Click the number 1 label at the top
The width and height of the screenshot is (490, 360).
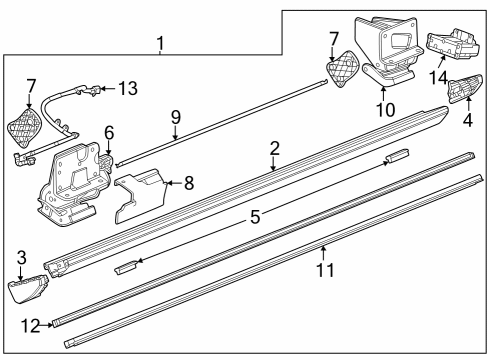click(x=160, y=44)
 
